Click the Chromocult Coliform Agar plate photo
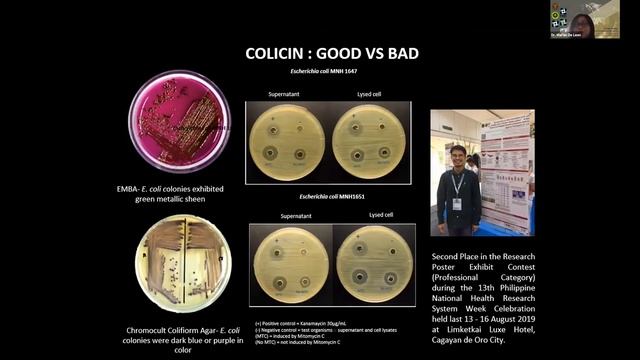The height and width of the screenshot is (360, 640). [x=179, y=257]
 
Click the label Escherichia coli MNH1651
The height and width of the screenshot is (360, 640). [x=334, y=196]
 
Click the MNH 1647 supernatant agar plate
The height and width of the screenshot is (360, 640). [x=287, y=141]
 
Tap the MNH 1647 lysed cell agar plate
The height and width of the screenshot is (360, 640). [x=370, y=141]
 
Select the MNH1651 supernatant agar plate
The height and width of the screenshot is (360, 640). [x=292, y=263]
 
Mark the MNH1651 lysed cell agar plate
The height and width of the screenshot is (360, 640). [x=374, y=263]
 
